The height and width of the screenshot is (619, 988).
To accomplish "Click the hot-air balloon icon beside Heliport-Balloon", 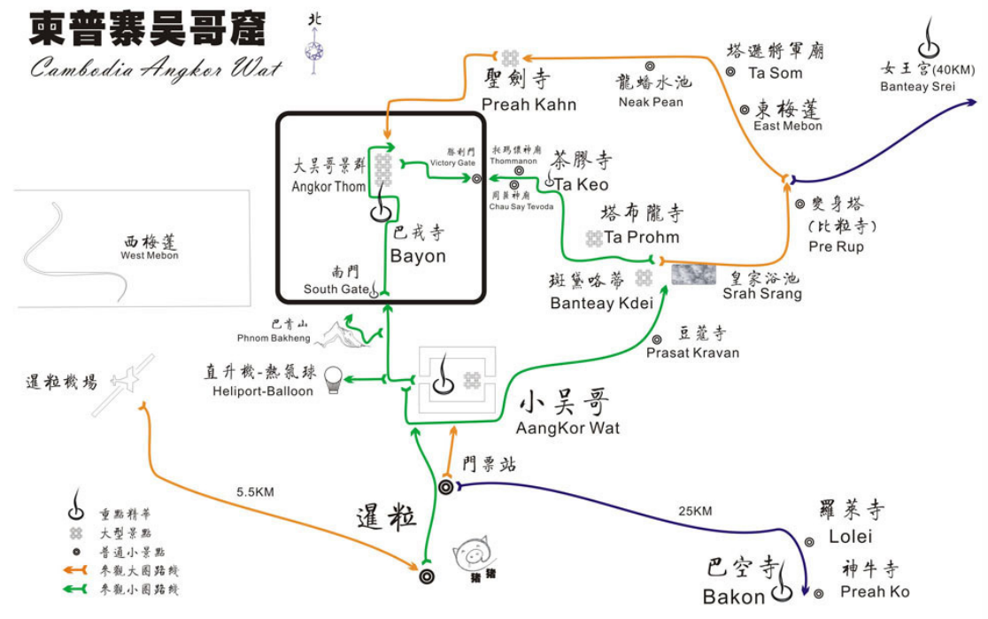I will tap(333, 380).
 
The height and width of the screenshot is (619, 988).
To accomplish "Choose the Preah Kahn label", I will tap(529, 104).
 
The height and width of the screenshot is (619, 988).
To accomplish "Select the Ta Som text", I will tap(775, 73).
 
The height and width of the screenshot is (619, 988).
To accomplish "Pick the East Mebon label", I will tap(788, 126).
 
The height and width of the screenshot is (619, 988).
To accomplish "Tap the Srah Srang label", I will tap(762, 293).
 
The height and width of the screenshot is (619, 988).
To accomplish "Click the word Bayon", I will tap(418, 256).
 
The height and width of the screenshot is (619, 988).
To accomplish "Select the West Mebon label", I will tap(150, 255).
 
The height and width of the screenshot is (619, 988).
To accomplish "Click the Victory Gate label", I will tap(453, 163).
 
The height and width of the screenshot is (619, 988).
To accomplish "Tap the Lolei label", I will tap(850, 536).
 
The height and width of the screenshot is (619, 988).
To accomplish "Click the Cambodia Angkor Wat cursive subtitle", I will tap(156, 68).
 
